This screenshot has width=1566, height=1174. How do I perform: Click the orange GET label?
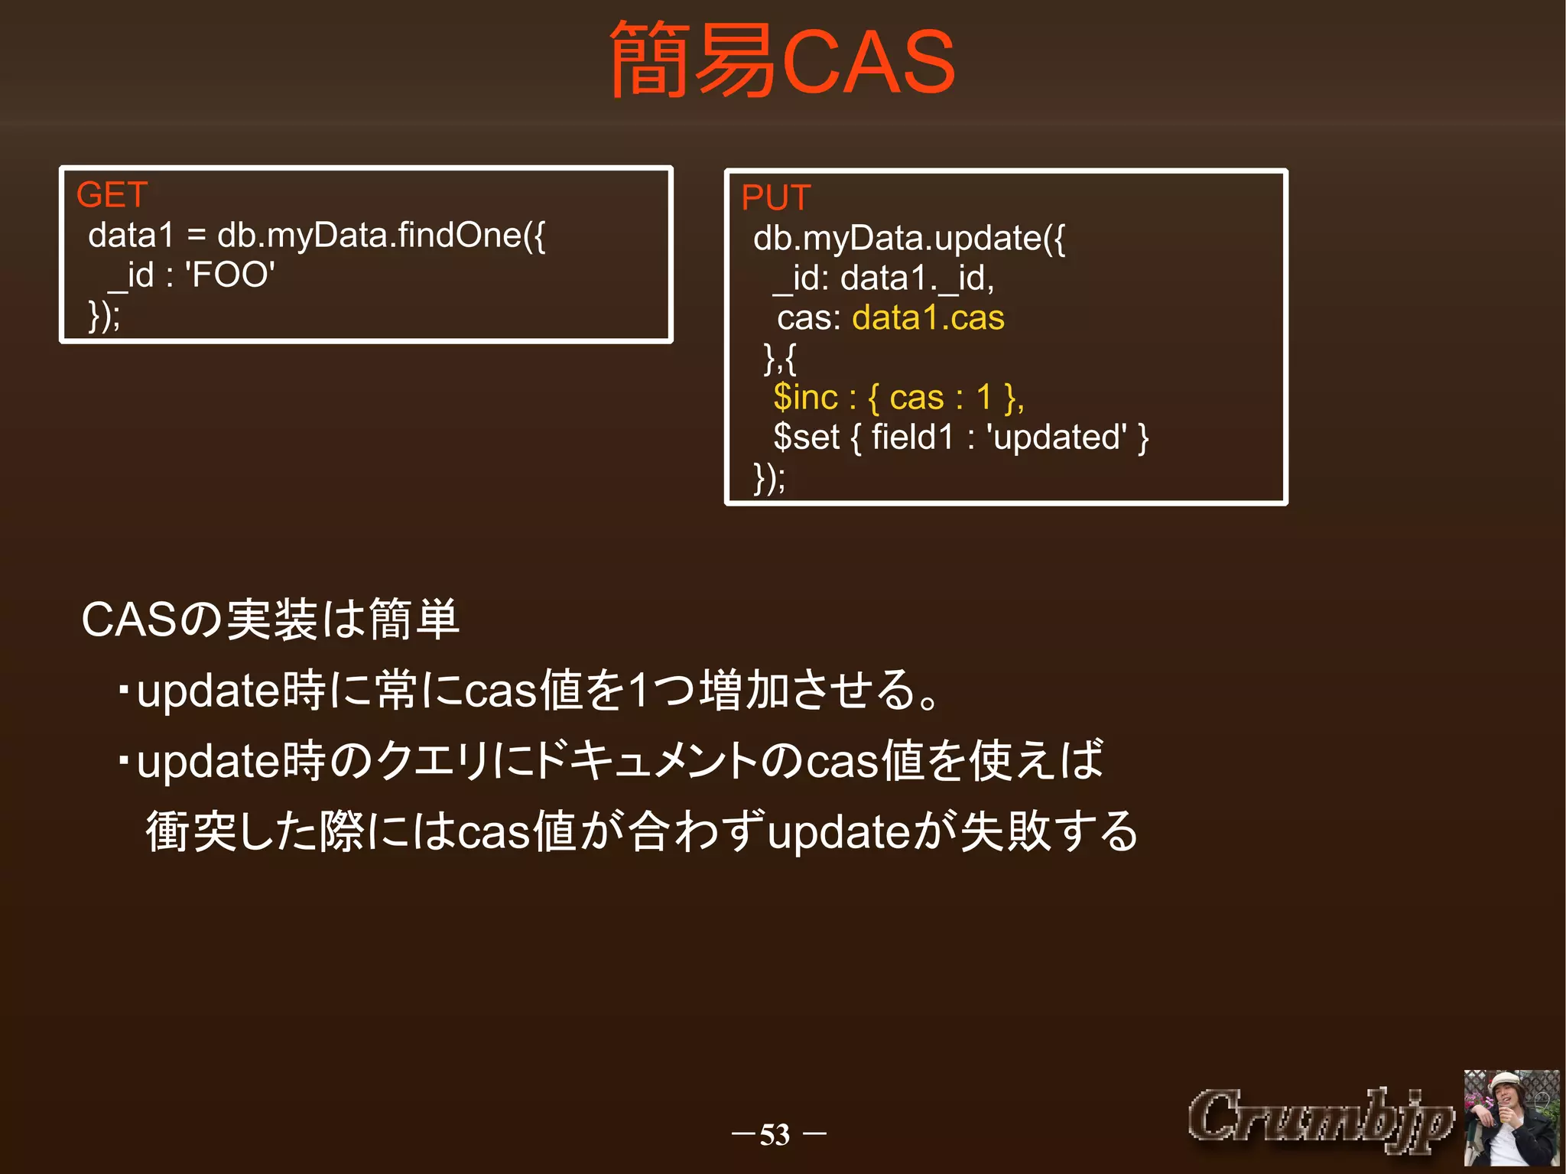[x=112, y=195]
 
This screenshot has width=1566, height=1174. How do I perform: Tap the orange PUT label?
[x=775, y=198]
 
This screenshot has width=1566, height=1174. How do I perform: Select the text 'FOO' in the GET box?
[x=229, y=275]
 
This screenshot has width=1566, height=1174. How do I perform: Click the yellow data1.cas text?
[x=928, y=318]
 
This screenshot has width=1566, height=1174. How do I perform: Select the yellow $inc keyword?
[x=805, y=398]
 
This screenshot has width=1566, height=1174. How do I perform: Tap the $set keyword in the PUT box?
[x=806, y=437]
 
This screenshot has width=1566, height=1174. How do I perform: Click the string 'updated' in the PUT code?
[x=1056, y=437]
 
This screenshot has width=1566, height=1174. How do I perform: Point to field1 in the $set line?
[x=913, y=437]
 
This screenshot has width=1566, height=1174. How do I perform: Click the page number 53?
[x=775, y=1134]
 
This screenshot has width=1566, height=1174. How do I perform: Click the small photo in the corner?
[x=1511, y=1117]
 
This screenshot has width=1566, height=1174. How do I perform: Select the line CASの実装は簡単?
[x=270, y=620]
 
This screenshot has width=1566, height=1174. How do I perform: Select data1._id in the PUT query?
[x=917, y=278]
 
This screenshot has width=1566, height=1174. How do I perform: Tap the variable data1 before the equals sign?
[x=132, y=236]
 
